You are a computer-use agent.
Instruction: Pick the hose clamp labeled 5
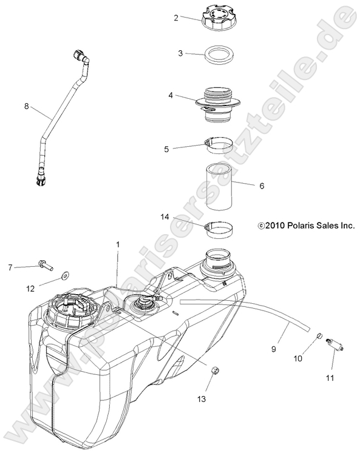tap(219, 146)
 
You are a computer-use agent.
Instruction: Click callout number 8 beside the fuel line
tap(26, 106)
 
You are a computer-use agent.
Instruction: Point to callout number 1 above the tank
tap(118, 244)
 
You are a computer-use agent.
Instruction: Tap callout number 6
tap(262, 186)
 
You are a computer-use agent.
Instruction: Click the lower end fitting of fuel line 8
tap(40, 176)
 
